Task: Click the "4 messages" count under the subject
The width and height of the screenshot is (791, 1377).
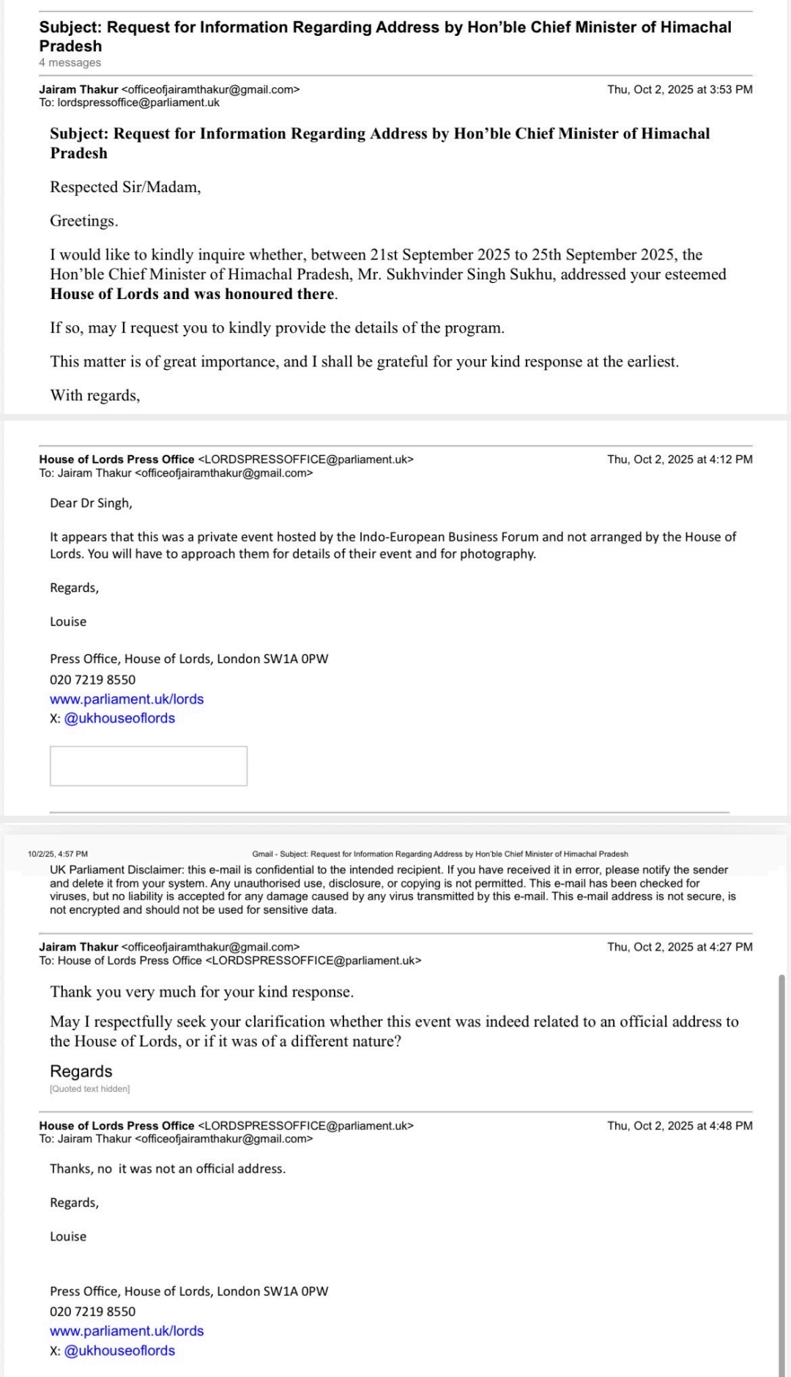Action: click(x=70, y=63)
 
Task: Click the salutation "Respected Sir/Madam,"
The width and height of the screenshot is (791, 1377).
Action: click(x=125, y=187)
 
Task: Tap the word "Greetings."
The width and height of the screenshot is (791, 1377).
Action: click(x=83, y=221)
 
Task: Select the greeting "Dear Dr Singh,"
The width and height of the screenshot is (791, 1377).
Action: click(x=91, y=503)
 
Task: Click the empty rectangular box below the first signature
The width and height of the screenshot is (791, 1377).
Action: click(x=149, y=766)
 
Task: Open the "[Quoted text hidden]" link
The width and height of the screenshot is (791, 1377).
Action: click(x=89, y=1089)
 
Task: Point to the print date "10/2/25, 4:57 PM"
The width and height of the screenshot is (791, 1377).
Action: click(x=58, y=854)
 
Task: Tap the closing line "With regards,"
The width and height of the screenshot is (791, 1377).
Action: click(x=95, y=396)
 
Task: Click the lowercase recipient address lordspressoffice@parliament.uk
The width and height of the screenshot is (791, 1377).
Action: click(x=138, y=103)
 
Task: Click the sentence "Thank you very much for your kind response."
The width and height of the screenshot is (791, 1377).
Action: click(x=201, y=992)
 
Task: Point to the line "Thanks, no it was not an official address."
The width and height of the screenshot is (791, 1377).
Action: click(x=168, y=1169)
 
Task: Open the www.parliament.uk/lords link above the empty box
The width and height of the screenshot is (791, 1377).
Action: click(x=127, y=699)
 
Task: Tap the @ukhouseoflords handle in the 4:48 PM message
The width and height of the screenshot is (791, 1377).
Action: click(x=119, y=1351)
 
